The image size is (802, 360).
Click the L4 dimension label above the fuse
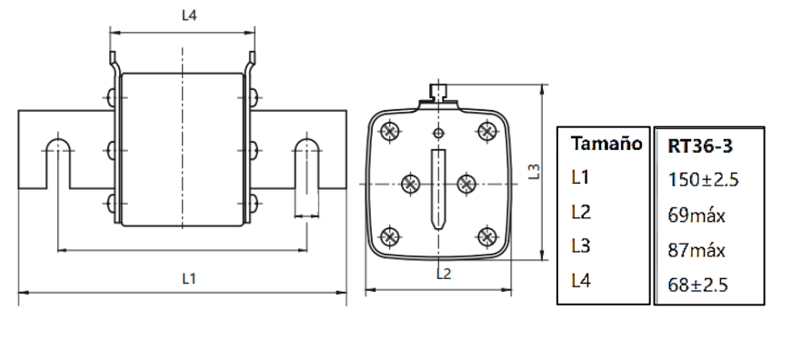click(189, 15)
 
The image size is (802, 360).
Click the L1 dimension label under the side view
click(189, 279)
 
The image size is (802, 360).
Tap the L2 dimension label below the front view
click(444, 275)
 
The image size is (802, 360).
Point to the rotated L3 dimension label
click(534, 171)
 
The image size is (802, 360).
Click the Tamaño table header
click(607, 144)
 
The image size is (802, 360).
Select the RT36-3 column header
click(700, 146)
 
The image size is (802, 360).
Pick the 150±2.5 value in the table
click(703, 180)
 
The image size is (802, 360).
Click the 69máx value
click(697, 215)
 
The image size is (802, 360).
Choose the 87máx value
click(697, 251)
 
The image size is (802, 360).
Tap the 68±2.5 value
click(697, 285)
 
